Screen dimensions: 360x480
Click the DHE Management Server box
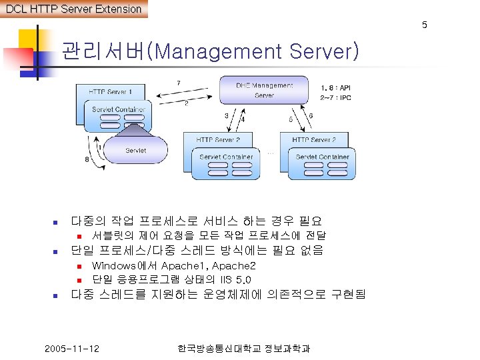tap(264, 90)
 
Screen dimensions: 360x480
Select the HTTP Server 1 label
tap(111, 91)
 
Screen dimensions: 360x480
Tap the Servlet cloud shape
tap(136, 150)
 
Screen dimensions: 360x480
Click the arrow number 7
tap(178, 82)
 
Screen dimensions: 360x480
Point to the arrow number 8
tap(87, 159)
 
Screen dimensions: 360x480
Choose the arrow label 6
tap(311, 116)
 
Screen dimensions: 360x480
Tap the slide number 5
tap(424, 25)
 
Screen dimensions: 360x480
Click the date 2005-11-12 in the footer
tap(72, 349)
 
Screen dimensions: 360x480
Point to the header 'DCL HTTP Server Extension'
tap(73, 9)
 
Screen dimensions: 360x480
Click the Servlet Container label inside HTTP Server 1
tap(119, 109)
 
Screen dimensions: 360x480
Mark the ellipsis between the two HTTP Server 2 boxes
tap(270, 153)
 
